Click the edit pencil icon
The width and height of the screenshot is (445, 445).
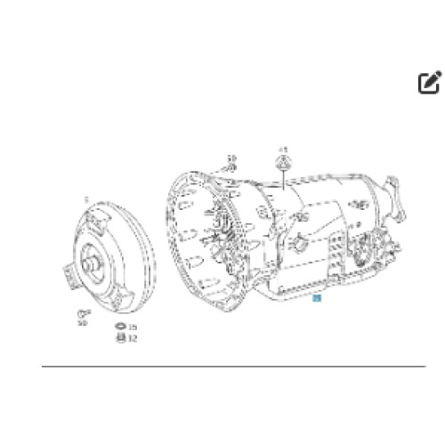(x=429, y=84)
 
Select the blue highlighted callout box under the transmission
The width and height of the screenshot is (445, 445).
(x=318, y=303)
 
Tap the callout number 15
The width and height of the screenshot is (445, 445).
(x=133, y=328)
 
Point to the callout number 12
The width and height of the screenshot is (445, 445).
(x=133, y=338)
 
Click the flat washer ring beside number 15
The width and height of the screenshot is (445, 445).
(x=120, y=328)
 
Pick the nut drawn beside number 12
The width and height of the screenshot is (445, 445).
(x=120, y=338)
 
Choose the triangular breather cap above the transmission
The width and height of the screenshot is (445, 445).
(x=284, y=162)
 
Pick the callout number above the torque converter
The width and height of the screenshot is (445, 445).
(x=85, y=200)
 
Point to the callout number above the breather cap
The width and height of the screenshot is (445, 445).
(x=284, y=148)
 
